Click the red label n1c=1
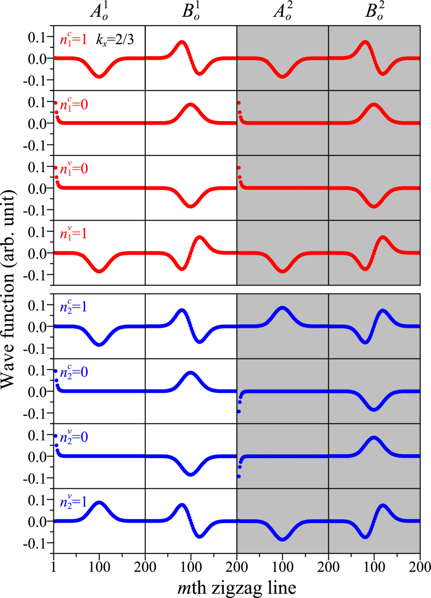pyautogui.click(x=73, y=39)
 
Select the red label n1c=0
pyautogui.click(x=73, y=105)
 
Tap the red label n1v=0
pyautogui.click(x=73, y=169)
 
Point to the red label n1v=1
pyautogui.click(x=73, y=234)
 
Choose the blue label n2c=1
pyautogui.click(x=73, y=307)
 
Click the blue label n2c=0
pyautogui.click(x=73, y=373)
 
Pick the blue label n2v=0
pyautogui.click(x=73, y=437)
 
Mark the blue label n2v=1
pyautogui.click(x=73, y=502)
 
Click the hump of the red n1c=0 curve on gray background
pyautogui.click(x=374, y=105)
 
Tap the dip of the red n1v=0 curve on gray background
pyautogui.click(x=374, y=206)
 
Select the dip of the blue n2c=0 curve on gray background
pyautogui.click(x=374, y=409)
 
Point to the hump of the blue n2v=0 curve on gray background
pyautogui.click(x=374, y=438)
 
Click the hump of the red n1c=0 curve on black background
pyautogui.click(x=191, y=105)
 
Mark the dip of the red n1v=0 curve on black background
pyautogui.click(x=191, y=206)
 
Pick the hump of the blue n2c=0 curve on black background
pyautogui.click(x=191, y=373)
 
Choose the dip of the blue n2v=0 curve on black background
pyautogui.click(x=191, y=473)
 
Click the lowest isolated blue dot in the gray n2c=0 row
pyautogui.click(x=239, y=411)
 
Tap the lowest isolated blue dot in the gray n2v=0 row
pyautogui.click(x=239, y=476)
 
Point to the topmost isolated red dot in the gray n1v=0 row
pyautogui.click(x=238, y=168)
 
